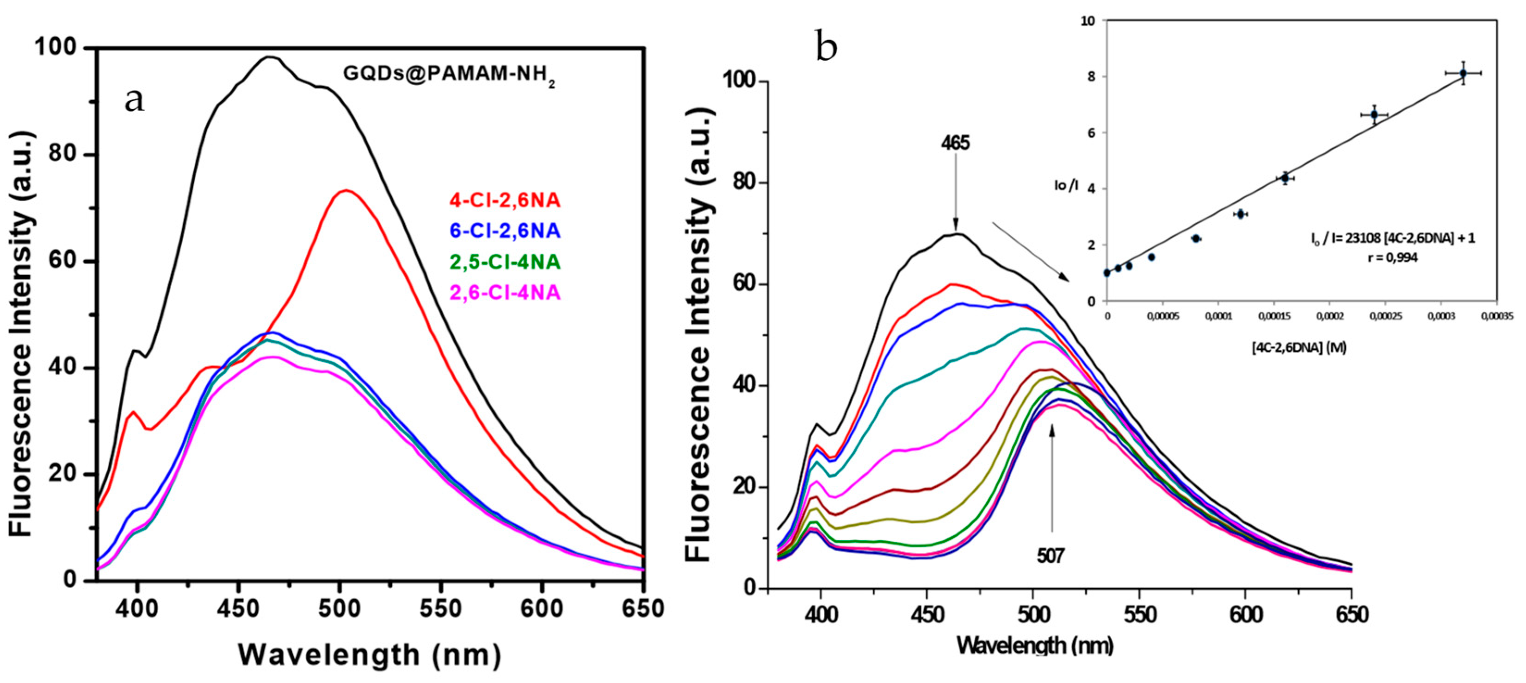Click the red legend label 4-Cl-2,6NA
(505, 201)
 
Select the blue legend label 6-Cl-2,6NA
(505, 231)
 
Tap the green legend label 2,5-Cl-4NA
(505, 262)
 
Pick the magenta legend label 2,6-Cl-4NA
(505, 294)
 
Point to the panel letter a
(135, 100)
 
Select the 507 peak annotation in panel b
(1050, 556)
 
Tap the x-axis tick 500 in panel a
(339, 609)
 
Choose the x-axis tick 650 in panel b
(1351, 615)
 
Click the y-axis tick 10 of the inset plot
(1087, 21)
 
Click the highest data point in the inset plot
(1463, 73)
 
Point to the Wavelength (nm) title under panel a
(370, 656)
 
